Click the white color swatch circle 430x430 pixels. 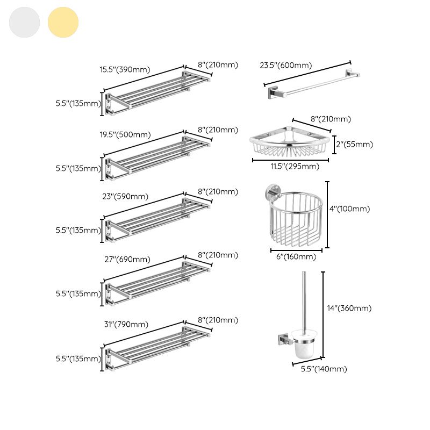24,23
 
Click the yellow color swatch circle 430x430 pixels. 63,23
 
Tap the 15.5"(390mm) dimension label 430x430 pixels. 125,69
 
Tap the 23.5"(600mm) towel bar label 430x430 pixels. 285,66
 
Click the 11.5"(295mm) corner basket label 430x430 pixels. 294,166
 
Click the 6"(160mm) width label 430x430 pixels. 296,256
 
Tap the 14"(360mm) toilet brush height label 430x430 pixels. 349,308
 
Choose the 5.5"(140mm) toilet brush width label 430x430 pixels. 323,369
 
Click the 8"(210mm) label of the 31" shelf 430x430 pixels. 218,320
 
